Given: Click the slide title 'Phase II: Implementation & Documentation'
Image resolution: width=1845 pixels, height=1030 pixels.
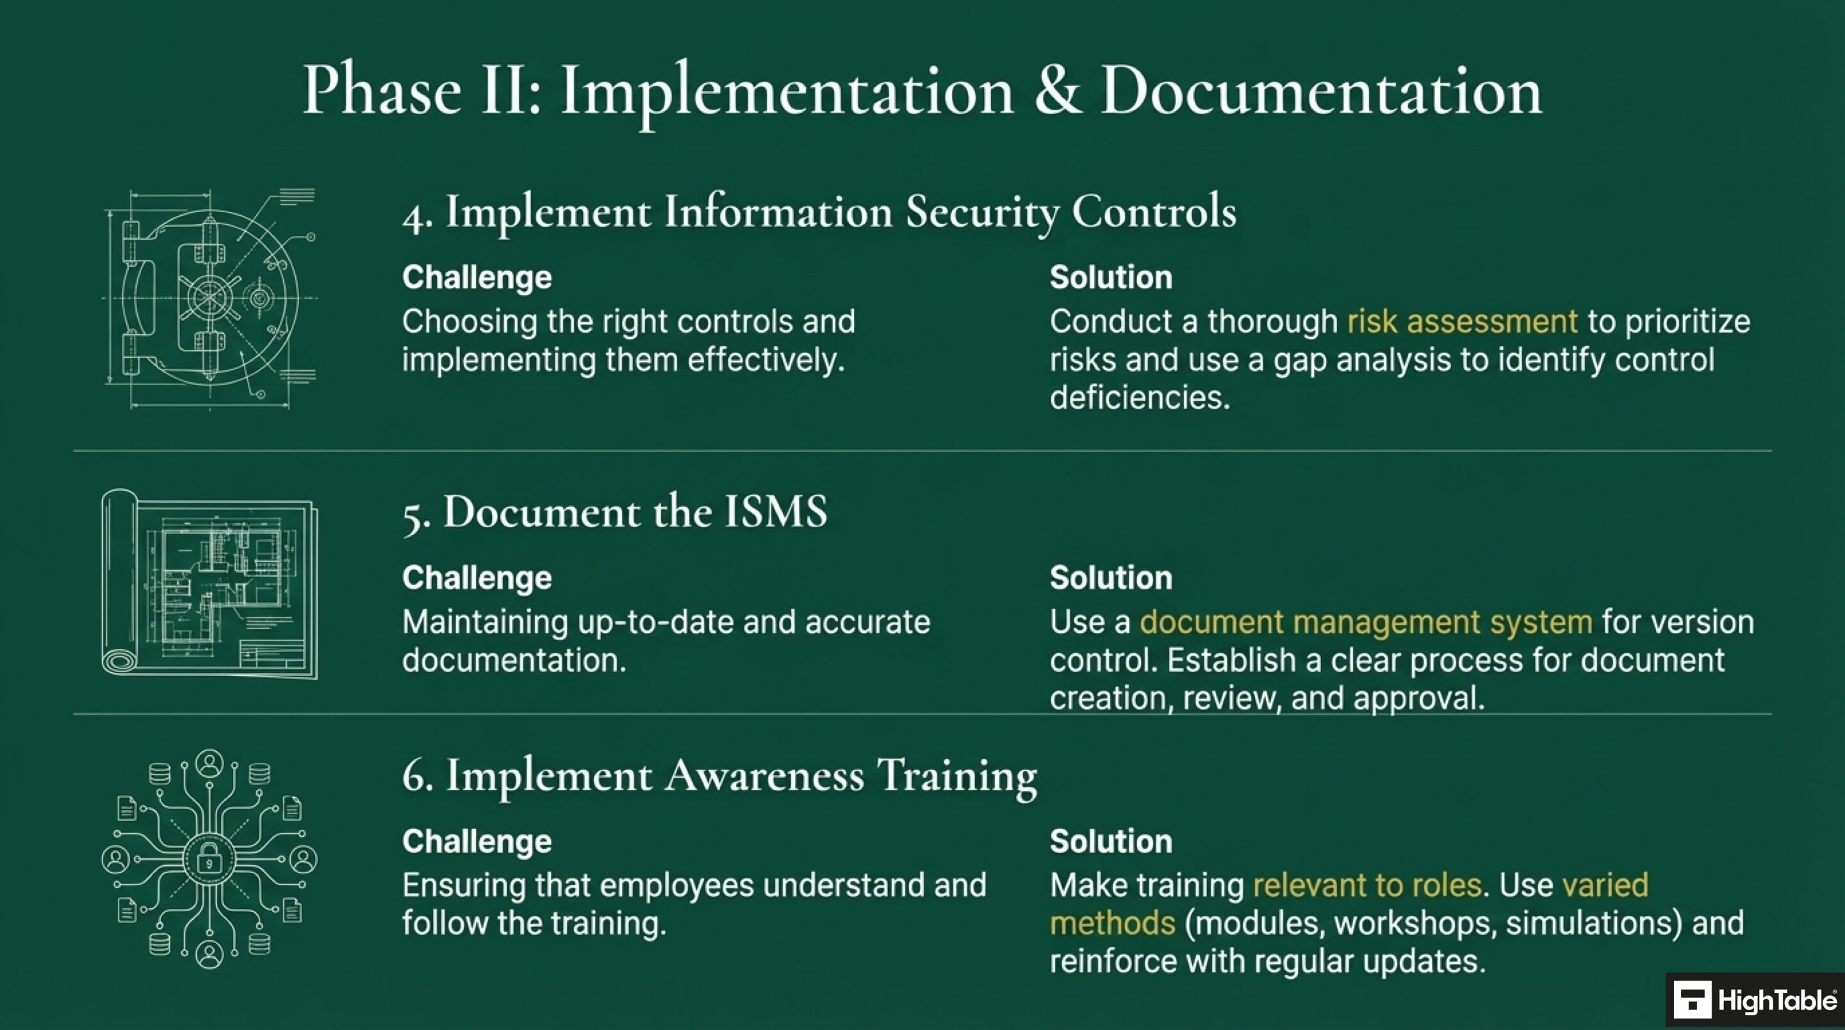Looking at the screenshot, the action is (922, 91).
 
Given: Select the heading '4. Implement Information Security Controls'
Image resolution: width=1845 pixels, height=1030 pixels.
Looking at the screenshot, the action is (819, 213).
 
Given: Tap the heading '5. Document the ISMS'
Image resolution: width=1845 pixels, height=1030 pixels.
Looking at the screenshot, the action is (614, 513).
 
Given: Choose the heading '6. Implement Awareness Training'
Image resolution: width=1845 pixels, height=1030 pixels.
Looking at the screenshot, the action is (720, 776).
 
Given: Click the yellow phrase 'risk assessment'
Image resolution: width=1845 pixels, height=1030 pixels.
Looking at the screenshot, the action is (1462, 322).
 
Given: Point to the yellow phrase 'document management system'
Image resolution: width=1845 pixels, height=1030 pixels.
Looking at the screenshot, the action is (1366, 622).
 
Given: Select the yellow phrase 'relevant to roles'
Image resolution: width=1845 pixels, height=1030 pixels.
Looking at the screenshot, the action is (1366, 885).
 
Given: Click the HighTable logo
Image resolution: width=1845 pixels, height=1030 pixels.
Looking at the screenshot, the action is (1755, 1000).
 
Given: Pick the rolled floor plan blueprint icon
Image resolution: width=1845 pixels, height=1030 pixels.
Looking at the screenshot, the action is (209, 584).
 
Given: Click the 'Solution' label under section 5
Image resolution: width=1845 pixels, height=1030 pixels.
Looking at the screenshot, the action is (1111, 577).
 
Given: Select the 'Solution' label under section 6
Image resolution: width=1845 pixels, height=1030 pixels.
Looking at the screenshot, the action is (1111, 841).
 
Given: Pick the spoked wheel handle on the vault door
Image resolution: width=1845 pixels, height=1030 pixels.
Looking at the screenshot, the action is (209, 297).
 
